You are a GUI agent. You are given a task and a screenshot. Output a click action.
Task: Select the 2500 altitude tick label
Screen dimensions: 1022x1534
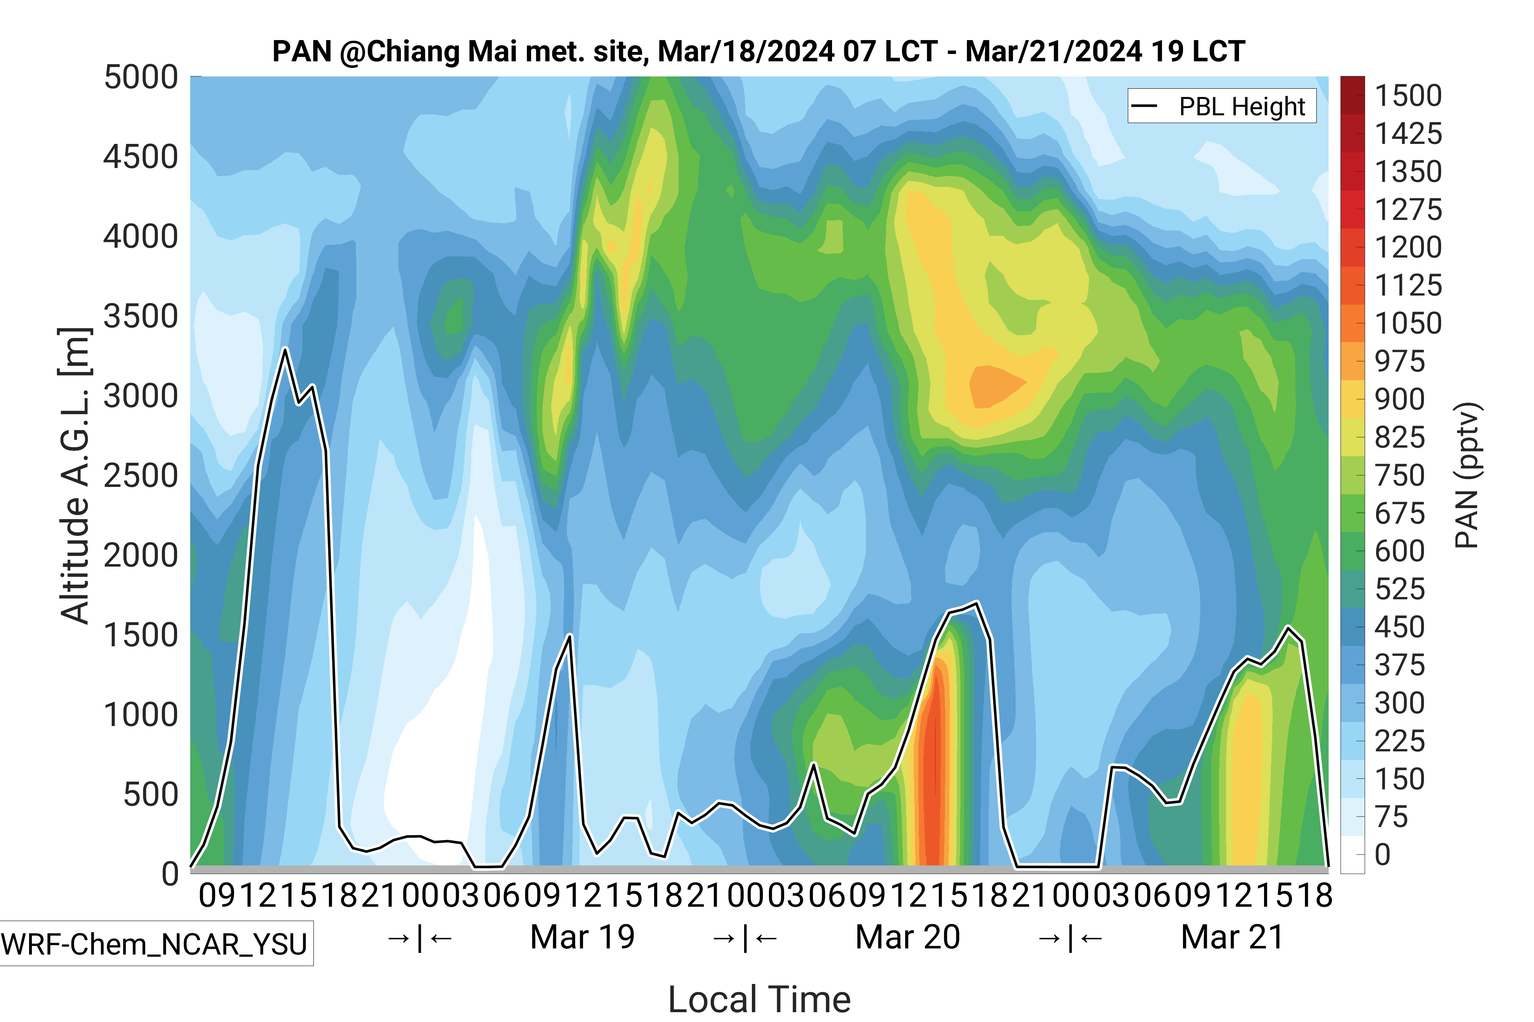coord(141,476)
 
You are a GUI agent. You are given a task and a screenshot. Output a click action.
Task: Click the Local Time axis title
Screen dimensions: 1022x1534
coord(759,999)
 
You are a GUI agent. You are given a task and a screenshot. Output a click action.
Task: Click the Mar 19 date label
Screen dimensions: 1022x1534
coord(583,937)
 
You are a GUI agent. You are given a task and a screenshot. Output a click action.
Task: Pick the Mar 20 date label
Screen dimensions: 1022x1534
coord(907,937)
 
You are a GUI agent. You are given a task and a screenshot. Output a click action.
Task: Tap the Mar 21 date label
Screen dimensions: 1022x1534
coord(1232,937)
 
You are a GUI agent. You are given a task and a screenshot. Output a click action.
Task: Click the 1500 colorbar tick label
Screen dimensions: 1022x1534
coord(1408,96)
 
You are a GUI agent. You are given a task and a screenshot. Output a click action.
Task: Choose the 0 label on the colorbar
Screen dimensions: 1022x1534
coord(1383,854)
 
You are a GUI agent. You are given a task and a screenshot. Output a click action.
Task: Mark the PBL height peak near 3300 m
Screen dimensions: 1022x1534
coord(285,350)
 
